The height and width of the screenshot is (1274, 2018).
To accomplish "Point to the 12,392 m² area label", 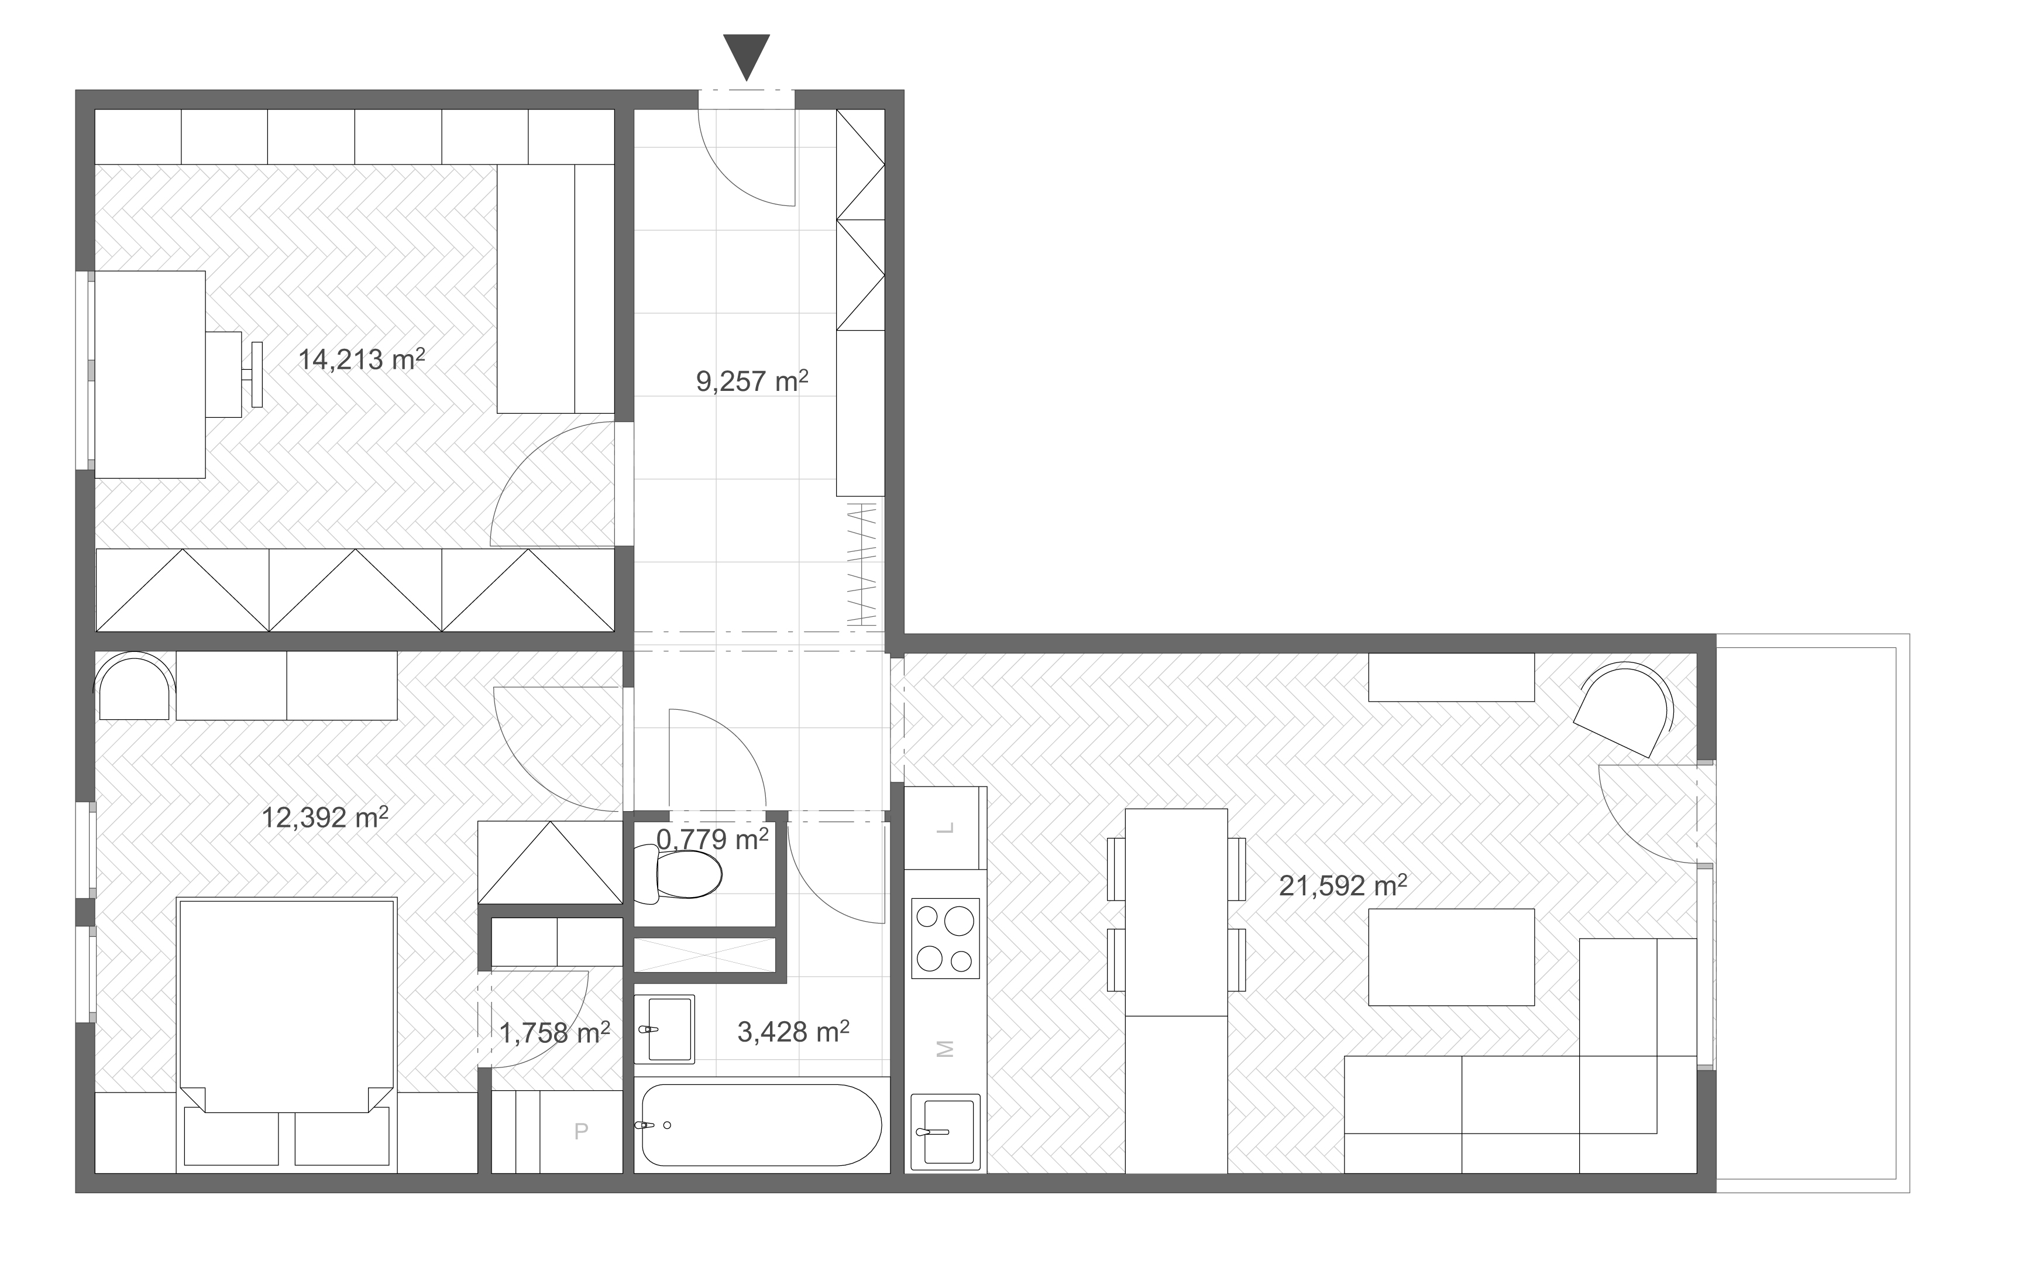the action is (325, 816).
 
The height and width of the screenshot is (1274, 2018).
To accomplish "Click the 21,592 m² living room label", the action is (1343, 885).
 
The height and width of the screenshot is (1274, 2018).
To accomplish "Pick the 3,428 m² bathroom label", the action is (793, 1031).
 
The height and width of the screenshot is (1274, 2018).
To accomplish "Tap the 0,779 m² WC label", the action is (712, 839).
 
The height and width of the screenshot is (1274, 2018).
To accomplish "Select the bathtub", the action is (762, 1125).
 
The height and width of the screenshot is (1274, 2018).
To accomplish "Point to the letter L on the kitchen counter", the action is (946, 828).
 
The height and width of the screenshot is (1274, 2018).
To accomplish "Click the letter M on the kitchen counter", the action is (946, 1049).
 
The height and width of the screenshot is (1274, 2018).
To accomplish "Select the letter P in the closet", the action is (581, 1132).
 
